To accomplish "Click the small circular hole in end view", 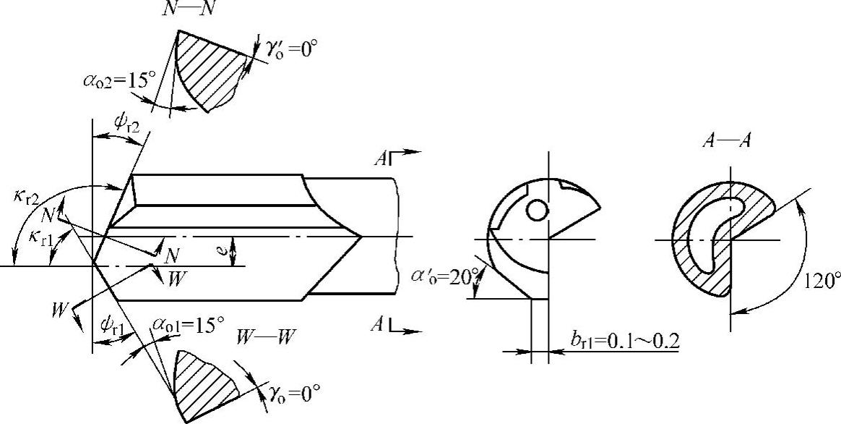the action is click(x=536, y=210).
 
